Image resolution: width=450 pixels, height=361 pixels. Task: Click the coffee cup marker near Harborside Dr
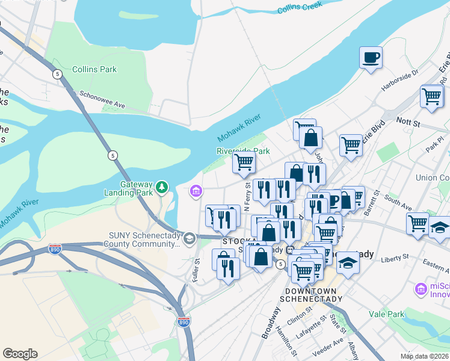[x=371, y=58]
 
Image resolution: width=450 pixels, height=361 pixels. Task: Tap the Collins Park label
[x=94, y=69]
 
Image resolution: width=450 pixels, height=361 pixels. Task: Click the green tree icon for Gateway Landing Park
[x=161, y=187]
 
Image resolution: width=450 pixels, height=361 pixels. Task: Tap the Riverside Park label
[x=243, y=151]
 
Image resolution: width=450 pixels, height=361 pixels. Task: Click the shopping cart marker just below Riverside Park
[x=244, y=162]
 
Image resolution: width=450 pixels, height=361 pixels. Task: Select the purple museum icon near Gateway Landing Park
[x=196, y=192]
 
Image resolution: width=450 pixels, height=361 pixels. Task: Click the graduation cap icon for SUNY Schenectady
[x=190, y=239]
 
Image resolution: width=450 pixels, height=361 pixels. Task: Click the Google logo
[x=20, y=354]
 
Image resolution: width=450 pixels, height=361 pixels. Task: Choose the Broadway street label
[x=271, y=322]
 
